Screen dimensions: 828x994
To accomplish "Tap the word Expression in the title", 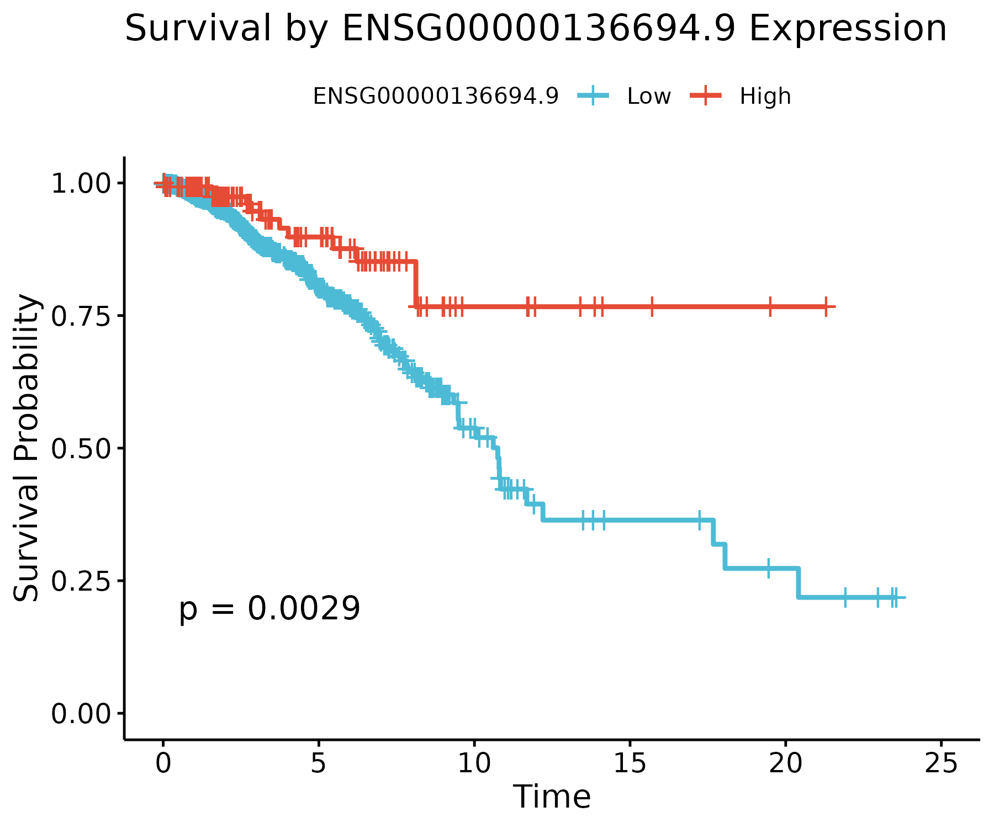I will (x=848, y=29).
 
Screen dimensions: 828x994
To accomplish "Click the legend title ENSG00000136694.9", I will (x=436, y=97).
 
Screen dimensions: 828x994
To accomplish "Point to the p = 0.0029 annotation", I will (x=269, y=609).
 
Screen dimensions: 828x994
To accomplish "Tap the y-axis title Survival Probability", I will (x=27, y=448).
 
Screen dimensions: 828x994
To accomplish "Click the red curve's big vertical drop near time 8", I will (x=415, y=284).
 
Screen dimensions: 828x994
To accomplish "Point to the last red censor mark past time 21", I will (x=826, y=306).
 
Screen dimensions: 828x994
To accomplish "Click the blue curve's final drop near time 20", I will (x=798, y=582).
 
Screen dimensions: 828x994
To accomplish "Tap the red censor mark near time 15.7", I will (x=652, y=306).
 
